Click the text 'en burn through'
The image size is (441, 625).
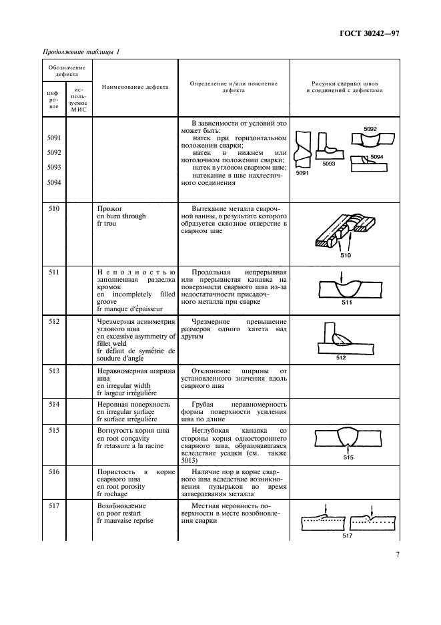[121, 216]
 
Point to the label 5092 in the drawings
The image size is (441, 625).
[371, 128]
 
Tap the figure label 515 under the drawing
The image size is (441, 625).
[347, 458]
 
